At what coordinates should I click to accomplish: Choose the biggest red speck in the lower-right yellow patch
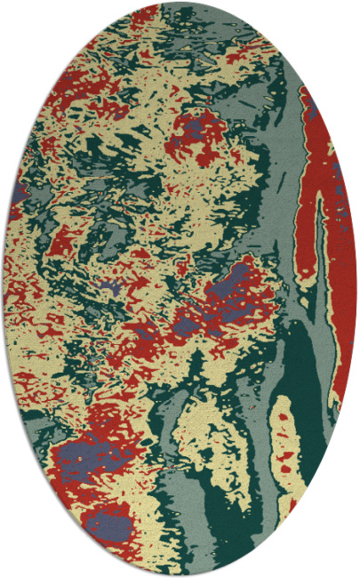point(286,462)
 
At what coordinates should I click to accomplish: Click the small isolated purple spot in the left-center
point(109,287)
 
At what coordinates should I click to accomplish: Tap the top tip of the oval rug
point(180,3)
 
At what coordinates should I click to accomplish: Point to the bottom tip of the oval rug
point(180,575)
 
